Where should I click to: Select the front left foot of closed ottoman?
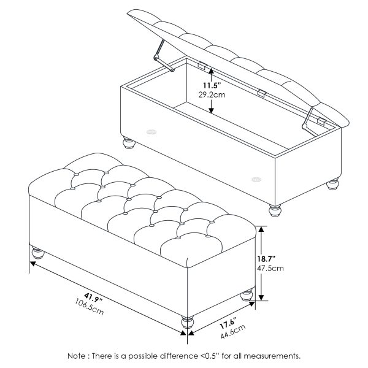[x=37, y=252]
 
